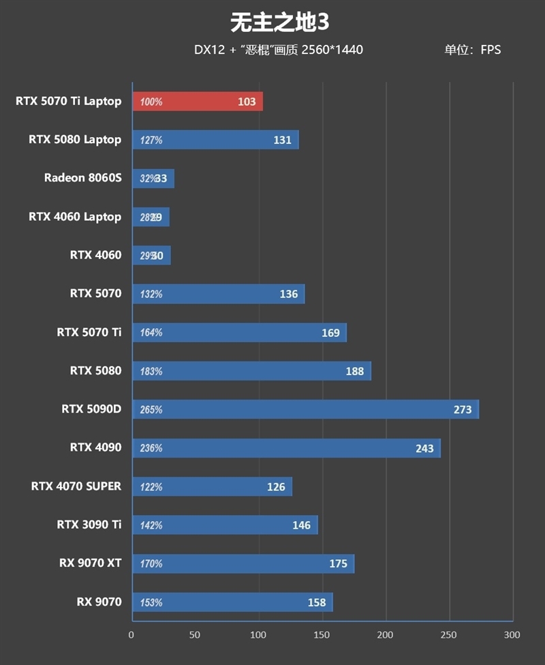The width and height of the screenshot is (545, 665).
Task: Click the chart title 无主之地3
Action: click(x=280, y=23)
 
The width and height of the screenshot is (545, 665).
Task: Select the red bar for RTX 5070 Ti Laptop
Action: click(x=197, y=102)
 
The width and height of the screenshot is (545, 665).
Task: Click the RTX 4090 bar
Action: click(x=286, y=448)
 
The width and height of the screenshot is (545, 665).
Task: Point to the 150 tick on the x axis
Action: click(x=322, y=635)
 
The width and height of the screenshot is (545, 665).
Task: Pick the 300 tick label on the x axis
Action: click(x=512, y=635)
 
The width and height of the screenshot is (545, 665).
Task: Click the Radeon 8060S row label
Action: click(x=82, y=178)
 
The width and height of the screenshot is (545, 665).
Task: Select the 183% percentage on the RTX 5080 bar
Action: click(x=151, y=372)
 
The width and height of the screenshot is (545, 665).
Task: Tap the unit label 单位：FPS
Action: click(x=473, y=50)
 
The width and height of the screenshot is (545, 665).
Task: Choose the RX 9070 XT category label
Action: click(x=90, y=563)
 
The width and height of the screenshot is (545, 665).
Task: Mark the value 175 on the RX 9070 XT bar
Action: click(x=338, y=563)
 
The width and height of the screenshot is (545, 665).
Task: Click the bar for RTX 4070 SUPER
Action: click(x=212, y=486)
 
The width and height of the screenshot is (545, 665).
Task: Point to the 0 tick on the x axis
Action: click(x=131, y=635)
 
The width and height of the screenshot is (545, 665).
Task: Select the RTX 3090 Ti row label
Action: click(x=89, y=524)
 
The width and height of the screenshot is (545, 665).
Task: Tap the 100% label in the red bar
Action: click(x=151, y=102)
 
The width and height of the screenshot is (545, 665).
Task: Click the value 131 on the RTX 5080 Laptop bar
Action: click(x=282, y=140)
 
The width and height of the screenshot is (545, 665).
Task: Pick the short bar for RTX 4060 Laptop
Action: click(x=151, y=217)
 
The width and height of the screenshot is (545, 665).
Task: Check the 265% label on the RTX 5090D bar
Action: click(x=151, y=410)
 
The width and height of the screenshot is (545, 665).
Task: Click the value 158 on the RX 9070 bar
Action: click(x=316, y=602)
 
